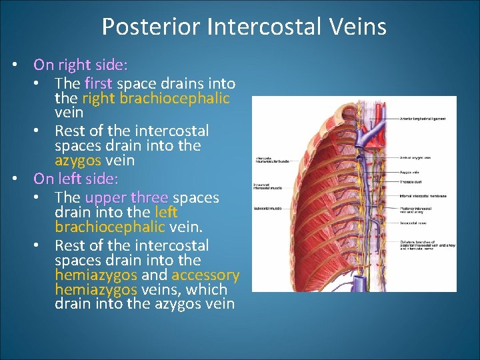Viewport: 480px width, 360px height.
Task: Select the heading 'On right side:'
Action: click(81, 65)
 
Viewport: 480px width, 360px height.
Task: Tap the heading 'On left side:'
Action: click(76, 179)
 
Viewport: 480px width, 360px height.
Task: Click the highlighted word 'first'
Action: click(99, 83)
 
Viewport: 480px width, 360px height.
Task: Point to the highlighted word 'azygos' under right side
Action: click(78, 161)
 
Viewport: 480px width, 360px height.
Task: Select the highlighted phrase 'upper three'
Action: click(127, 198)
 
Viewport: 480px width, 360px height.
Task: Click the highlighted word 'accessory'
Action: click(205, 275)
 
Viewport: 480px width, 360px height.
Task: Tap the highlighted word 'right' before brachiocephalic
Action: click(99, 99)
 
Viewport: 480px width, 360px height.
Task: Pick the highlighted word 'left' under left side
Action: click(166, 213)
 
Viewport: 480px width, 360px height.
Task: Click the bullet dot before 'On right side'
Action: click(15, 66)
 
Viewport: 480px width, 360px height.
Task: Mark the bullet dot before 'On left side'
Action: click(15, 180)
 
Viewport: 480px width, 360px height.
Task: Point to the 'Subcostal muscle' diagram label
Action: click(267, 209)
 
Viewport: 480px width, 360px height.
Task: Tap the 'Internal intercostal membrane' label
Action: click(425, 196)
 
